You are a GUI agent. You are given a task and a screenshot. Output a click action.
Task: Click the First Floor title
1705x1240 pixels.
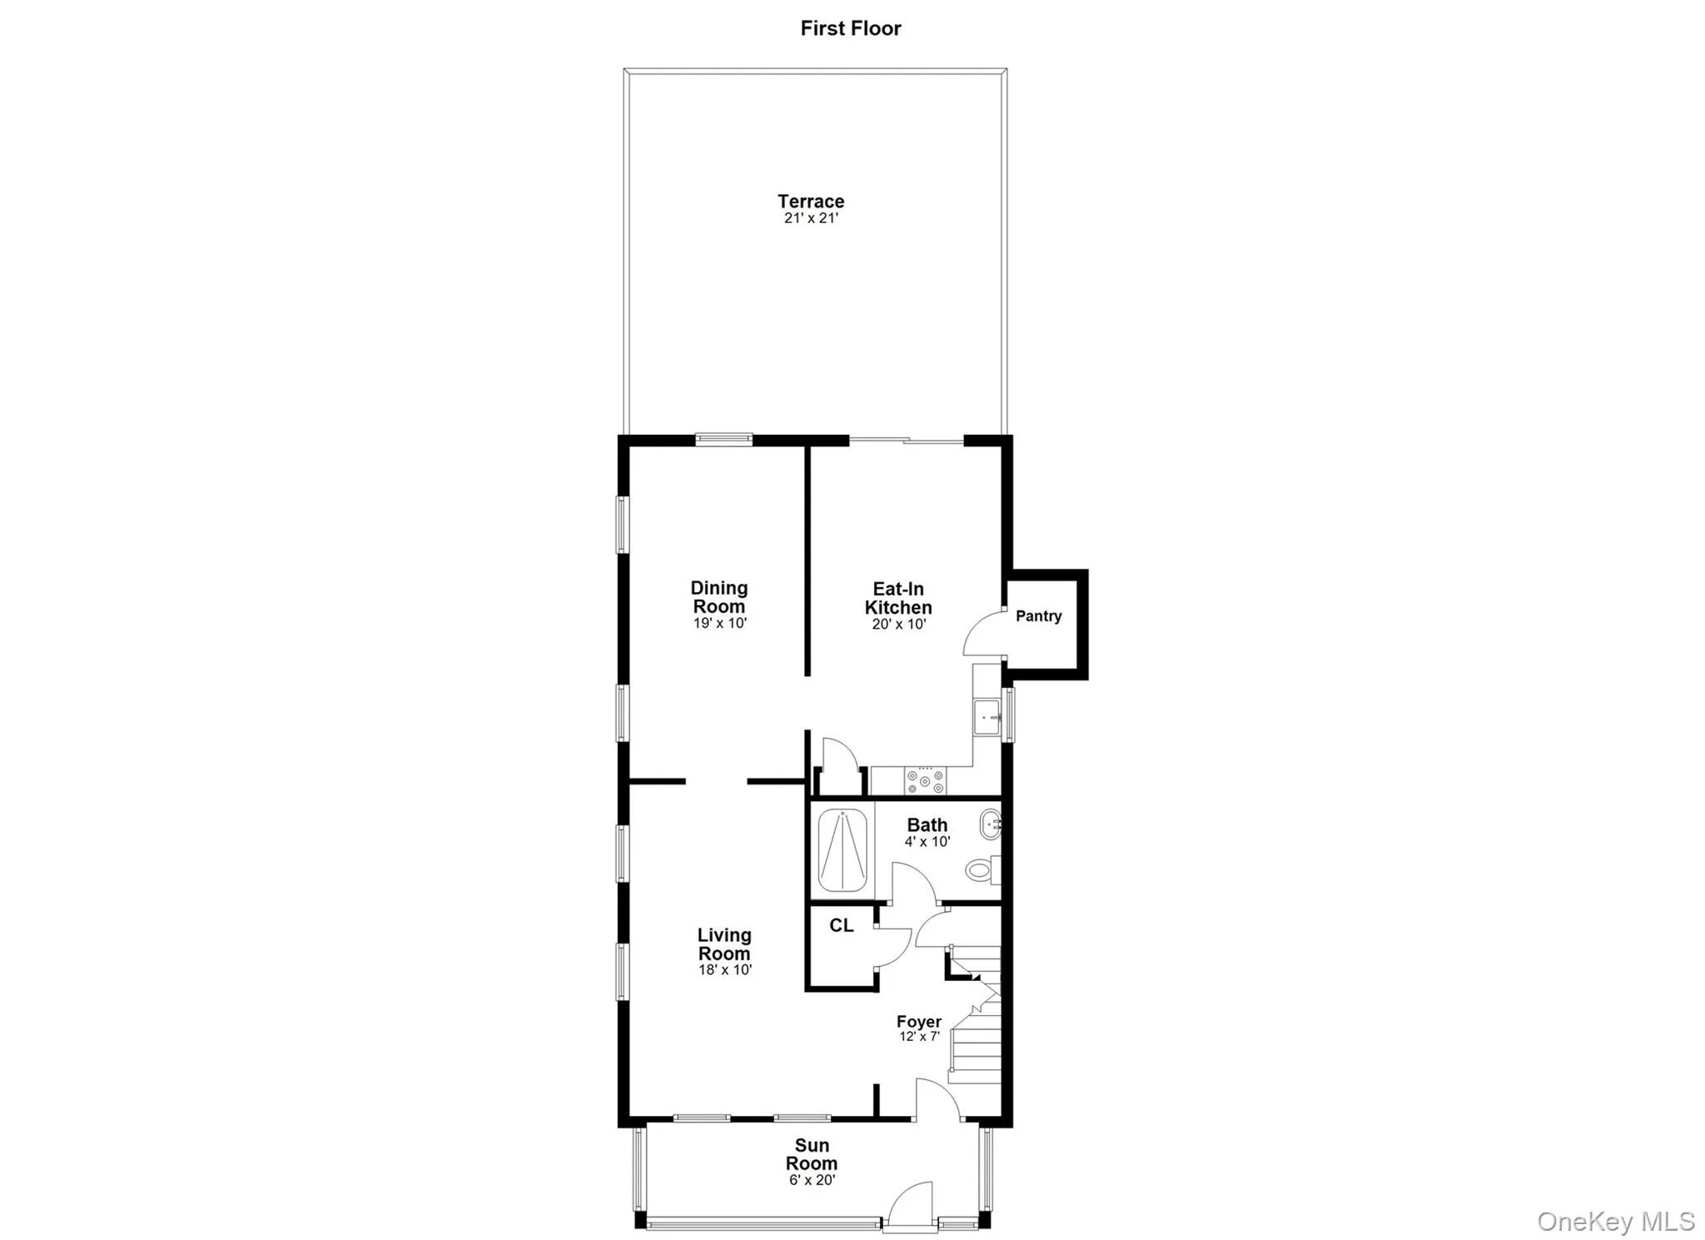(850, 28)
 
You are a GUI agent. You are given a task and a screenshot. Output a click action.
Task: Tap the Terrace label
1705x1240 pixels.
(810, 201)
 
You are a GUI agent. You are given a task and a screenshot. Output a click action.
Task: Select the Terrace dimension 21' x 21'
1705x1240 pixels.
(810, 218)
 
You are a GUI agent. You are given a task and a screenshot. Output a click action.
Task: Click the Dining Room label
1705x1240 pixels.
(718, 597)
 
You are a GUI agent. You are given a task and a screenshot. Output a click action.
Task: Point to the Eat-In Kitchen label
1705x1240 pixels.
(897, 598)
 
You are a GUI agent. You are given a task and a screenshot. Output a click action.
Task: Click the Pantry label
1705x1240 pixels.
(1038, 616)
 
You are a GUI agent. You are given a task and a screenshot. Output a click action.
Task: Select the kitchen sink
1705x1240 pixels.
(987, 716)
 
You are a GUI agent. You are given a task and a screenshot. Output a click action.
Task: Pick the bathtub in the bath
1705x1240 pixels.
(842, 850)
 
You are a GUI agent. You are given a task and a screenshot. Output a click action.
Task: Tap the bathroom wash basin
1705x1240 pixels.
(990, 824)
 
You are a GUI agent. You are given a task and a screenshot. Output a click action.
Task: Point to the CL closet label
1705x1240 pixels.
(841, 925)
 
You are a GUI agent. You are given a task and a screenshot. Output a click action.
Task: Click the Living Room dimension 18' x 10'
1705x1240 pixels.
(724, 970)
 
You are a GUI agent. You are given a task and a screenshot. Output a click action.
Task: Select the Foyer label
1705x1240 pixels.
(918, 1021)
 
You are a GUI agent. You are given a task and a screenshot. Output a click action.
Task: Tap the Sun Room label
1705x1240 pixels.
(811, 1154)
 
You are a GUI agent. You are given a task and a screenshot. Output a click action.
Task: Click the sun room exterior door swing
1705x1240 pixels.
(909, 1203)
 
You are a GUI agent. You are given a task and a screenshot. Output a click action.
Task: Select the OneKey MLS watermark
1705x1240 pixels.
(1615, 1221)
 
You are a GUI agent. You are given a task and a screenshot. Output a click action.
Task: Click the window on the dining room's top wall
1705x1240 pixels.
(723, 440)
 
